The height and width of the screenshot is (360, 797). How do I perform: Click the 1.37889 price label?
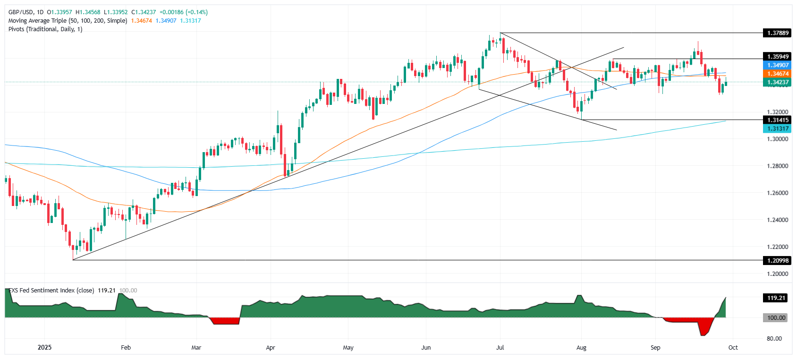pos(777,33)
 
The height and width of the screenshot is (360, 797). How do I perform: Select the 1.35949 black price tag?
pos(777,57)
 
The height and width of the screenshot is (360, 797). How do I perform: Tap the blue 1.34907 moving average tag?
pos(777,65)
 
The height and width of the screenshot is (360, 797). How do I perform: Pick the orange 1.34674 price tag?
pos(777,74)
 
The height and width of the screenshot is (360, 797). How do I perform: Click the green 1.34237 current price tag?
pos(777,82)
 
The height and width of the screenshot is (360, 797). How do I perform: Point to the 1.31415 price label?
pos(777,120)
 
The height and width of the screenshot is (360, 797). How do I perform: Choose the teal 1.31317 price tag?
pos(777,129)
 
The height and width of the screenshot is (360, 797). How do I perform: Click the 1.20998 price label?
pos(777,260)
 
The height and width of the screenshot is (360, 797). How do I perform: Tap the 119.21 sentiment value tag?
pos(776,298)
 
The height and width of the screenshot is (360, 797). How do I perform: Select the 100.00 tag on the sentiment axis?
pos(776,318)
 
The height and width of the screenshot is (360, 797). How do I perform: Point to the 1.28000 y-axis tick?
pos(777,166)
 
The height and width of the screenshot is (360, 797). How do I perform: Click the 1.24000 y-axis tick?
pos(777,220)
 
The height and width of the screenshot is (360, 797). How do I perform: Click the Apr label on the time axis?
pos(271,348)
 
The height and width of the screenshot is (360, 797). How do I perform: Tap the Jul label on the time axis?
pos(500,348)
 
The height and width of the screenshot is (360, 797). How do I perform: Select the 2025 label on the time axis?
pos(44,348)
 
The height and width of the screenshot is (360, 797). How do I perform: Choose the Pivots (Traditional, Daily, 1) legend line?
pos(45,29)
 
